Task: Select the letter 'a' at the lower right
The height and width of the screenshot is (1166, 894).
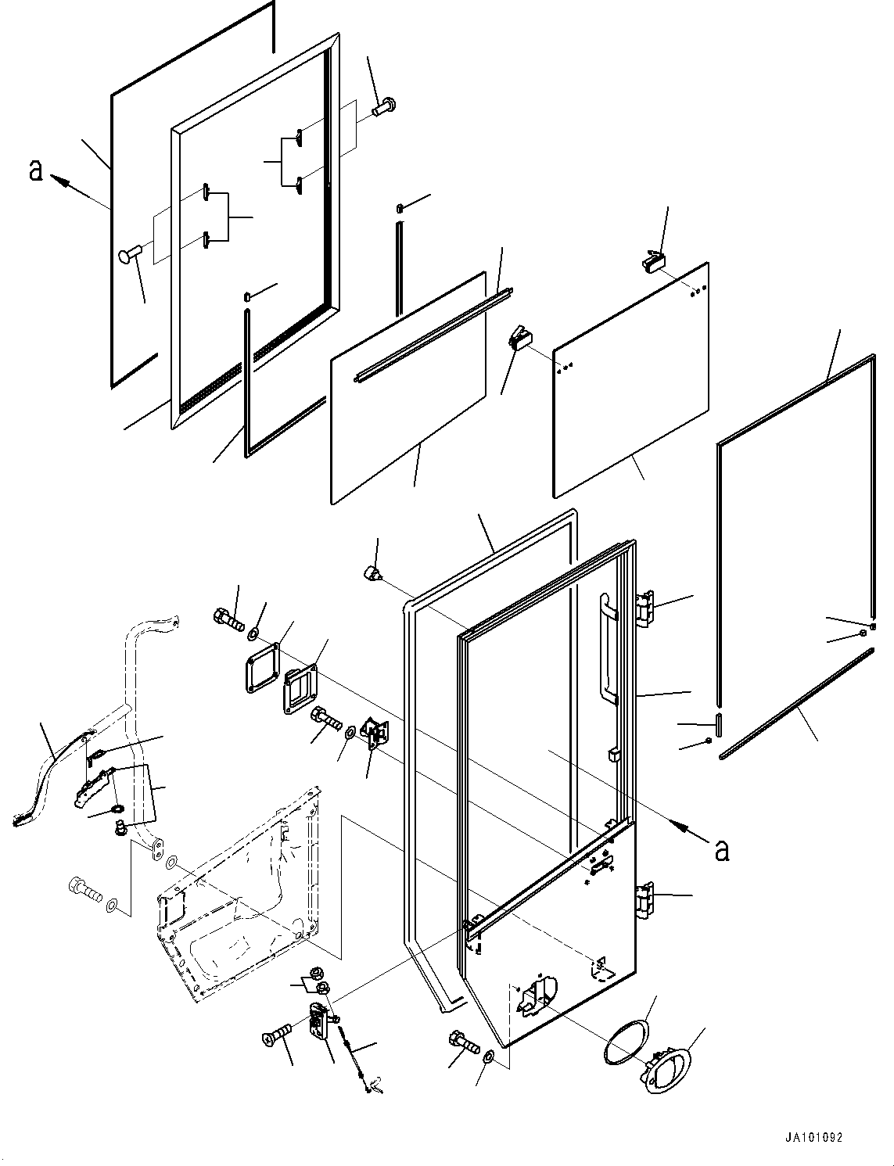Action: click(x=721, y=849)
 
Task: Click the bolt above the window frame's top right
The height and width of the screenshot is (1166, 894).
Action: click(x=384, y=107)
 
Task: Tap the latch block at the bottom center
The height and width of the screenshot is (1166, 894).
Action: click(x=320, y=1022)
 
